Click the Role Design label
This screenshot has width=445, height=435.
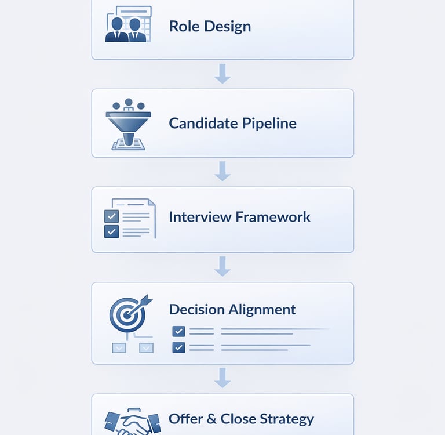(x=210, y=26)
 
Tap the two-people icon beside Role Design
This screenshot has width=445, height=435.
(x=127, y=26)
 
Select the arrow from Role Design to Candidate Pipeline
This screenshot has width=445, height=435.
(x=222, y=74)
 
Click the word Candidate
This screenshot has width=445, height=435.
(x=199, y=123)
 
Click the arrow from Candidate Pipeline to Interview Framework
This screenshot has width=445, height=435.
(x=222, y=171)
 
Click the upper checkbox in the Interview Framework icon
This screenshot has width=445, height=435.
(x=111, y=216)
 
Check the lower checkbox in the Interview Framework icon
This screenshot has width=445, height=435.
(x=111, y=231)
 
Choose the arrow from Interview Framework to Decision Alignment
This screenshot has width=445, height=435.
(x=222, y=266)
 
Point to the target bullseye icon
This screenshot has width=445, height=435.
(x=128, y=313)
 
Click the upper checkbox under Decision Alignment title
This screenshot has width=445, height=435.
(x=178, y=332)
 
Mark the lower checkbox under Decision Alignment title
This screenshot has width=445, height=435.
(x=178, y=347)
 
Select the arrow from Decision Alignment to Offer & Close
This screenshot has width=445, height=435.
(x=222, y=377)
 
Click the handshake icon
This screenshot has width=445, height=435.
(x=132, y=422)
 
